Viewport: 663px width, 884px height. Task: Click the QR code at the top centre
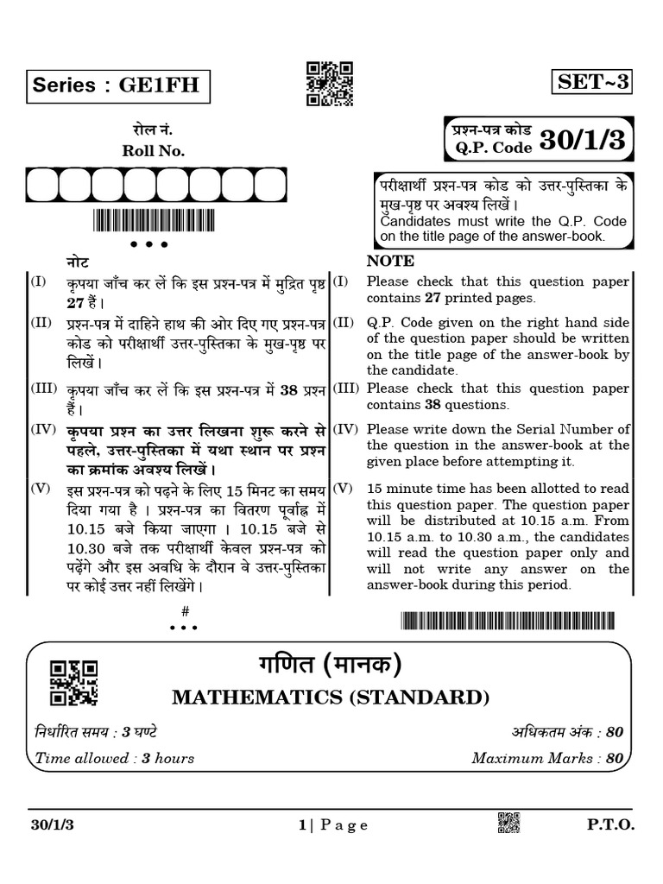330,84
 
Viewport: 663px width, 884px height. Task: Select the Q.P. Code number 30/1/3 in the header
582,140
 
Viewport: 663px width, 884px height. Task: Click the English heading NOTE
390,261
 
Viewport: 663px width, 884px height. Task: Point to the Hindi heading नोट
78,261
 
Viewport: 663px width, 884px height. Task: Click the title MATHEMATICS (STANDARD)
331,697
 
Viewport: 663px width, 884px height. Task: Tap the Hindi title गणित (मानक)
331,666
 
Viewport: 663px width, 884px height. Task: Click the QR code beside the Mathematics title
73,682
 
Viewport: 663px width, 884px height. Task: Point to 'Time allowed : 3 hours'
114,759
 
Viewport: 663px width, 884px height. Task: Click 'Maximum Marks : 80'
546,759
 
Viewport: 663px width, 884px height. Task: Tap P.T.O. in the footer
611,825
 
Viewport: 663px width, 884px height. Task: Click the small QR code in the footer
508,824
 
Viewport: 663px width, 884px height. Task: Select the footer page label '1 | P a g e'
333,825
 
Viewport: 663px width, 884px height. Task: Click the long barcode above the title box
508,621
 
